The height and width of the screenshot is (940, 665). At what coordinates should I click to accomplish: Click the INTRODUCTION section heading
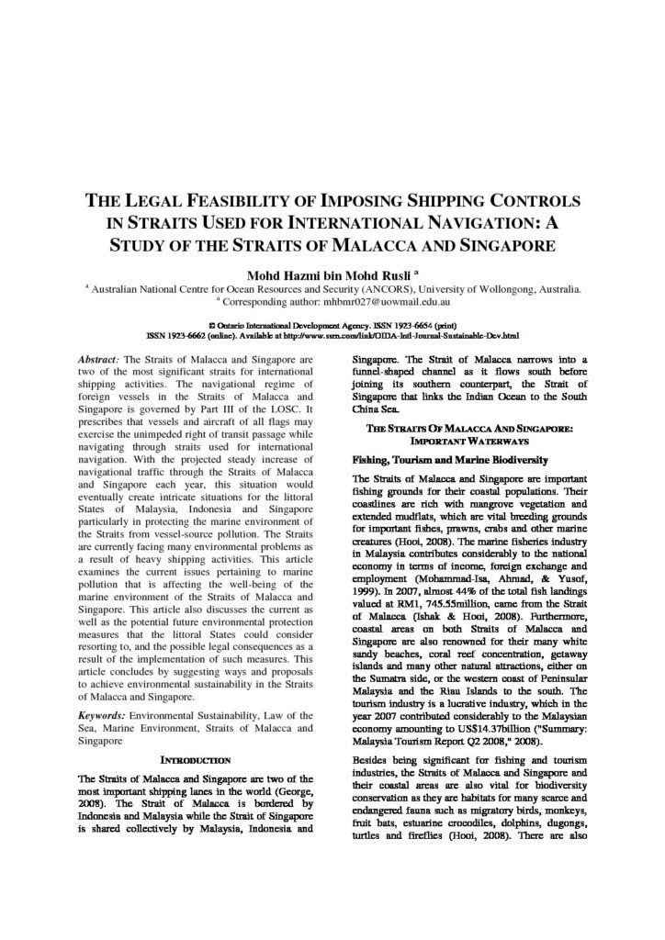click(197, 759)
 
